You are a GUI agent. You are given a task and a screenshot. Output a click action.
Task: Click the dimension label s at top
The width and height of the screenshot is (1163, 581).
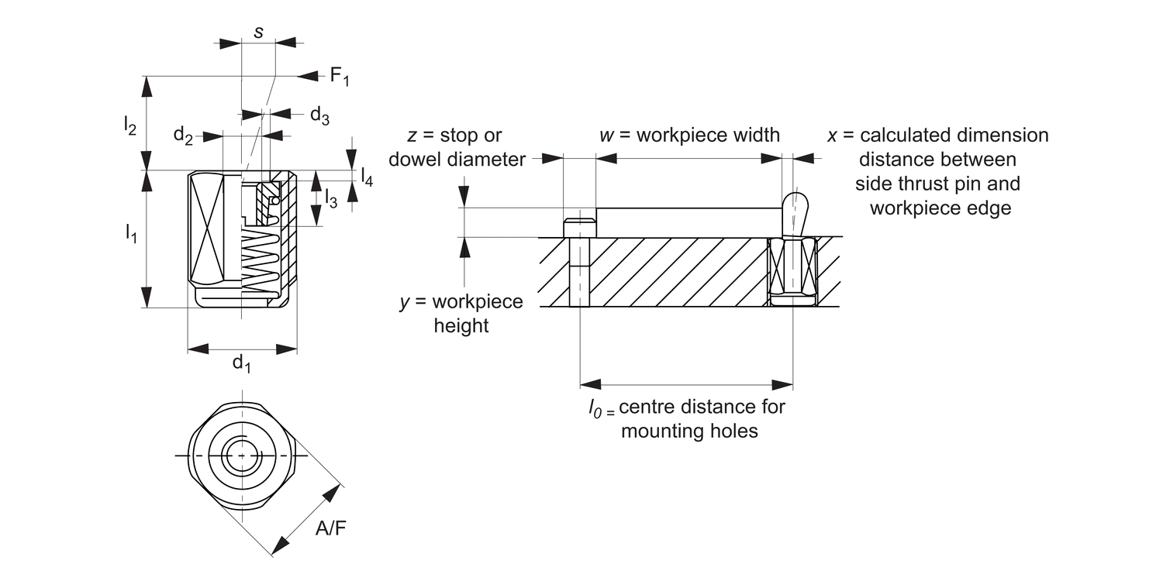click(258, 33)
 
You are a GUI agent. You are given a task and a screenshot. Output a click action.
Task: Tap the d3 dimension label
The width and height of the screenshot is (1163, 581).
click(319, 115)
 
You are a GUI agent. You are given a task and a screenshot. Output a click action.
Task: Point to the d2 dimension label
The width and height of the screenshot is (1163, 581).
click(183, 136)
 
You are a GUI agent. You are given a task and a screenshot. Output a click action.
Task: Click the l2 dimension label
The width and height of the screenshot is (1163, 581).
click(129, 124)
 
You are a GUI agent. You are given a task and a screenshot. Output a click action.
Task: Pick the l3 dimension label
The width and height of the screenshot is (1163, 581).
click(330, 198)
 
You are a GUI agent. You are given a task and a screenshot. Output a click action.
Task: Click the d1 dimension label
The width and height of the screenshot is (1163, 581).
click(242, 363)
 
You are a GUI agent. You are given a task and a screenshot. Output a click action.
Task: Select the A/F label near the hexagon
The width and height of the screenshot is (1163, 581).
click(331, 529)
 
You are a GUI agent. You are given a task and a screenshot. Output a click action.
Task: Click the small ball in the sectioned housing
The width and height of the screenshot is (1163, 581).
click(274, 201)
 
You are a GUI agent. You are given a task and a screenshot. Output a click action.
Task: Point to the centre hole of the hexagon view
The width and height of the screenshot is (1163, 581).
click(241, 456)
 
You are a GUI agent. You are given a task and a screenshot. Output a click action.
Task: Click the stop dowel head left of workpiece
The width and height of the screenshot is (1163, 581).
click(580, 228)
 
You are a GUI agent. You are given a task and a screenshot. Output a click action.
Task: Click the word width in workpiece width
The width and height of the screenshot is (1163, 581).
click(754, 135)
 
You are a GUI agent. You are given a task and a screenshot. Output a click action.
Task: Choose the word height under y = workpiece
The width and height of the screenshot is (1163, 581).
click(461, 325)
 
